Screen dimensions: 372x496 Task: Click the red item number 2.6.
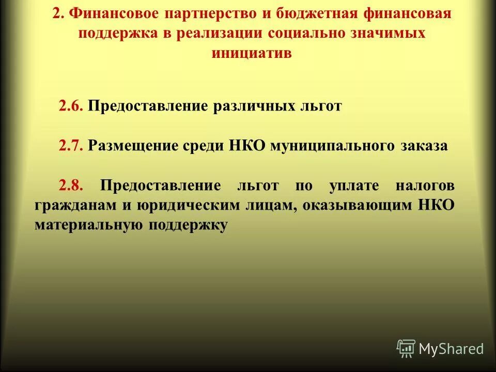point(70,106)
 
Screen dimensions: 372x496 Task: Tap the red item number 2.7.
point(70,146)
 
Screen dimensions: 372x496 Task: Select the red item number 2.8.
point(70,185)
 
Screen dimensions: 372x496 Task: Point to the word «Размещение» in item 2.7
point(131,146)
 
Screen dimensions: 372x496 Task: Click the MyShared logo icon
point(406,348)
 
